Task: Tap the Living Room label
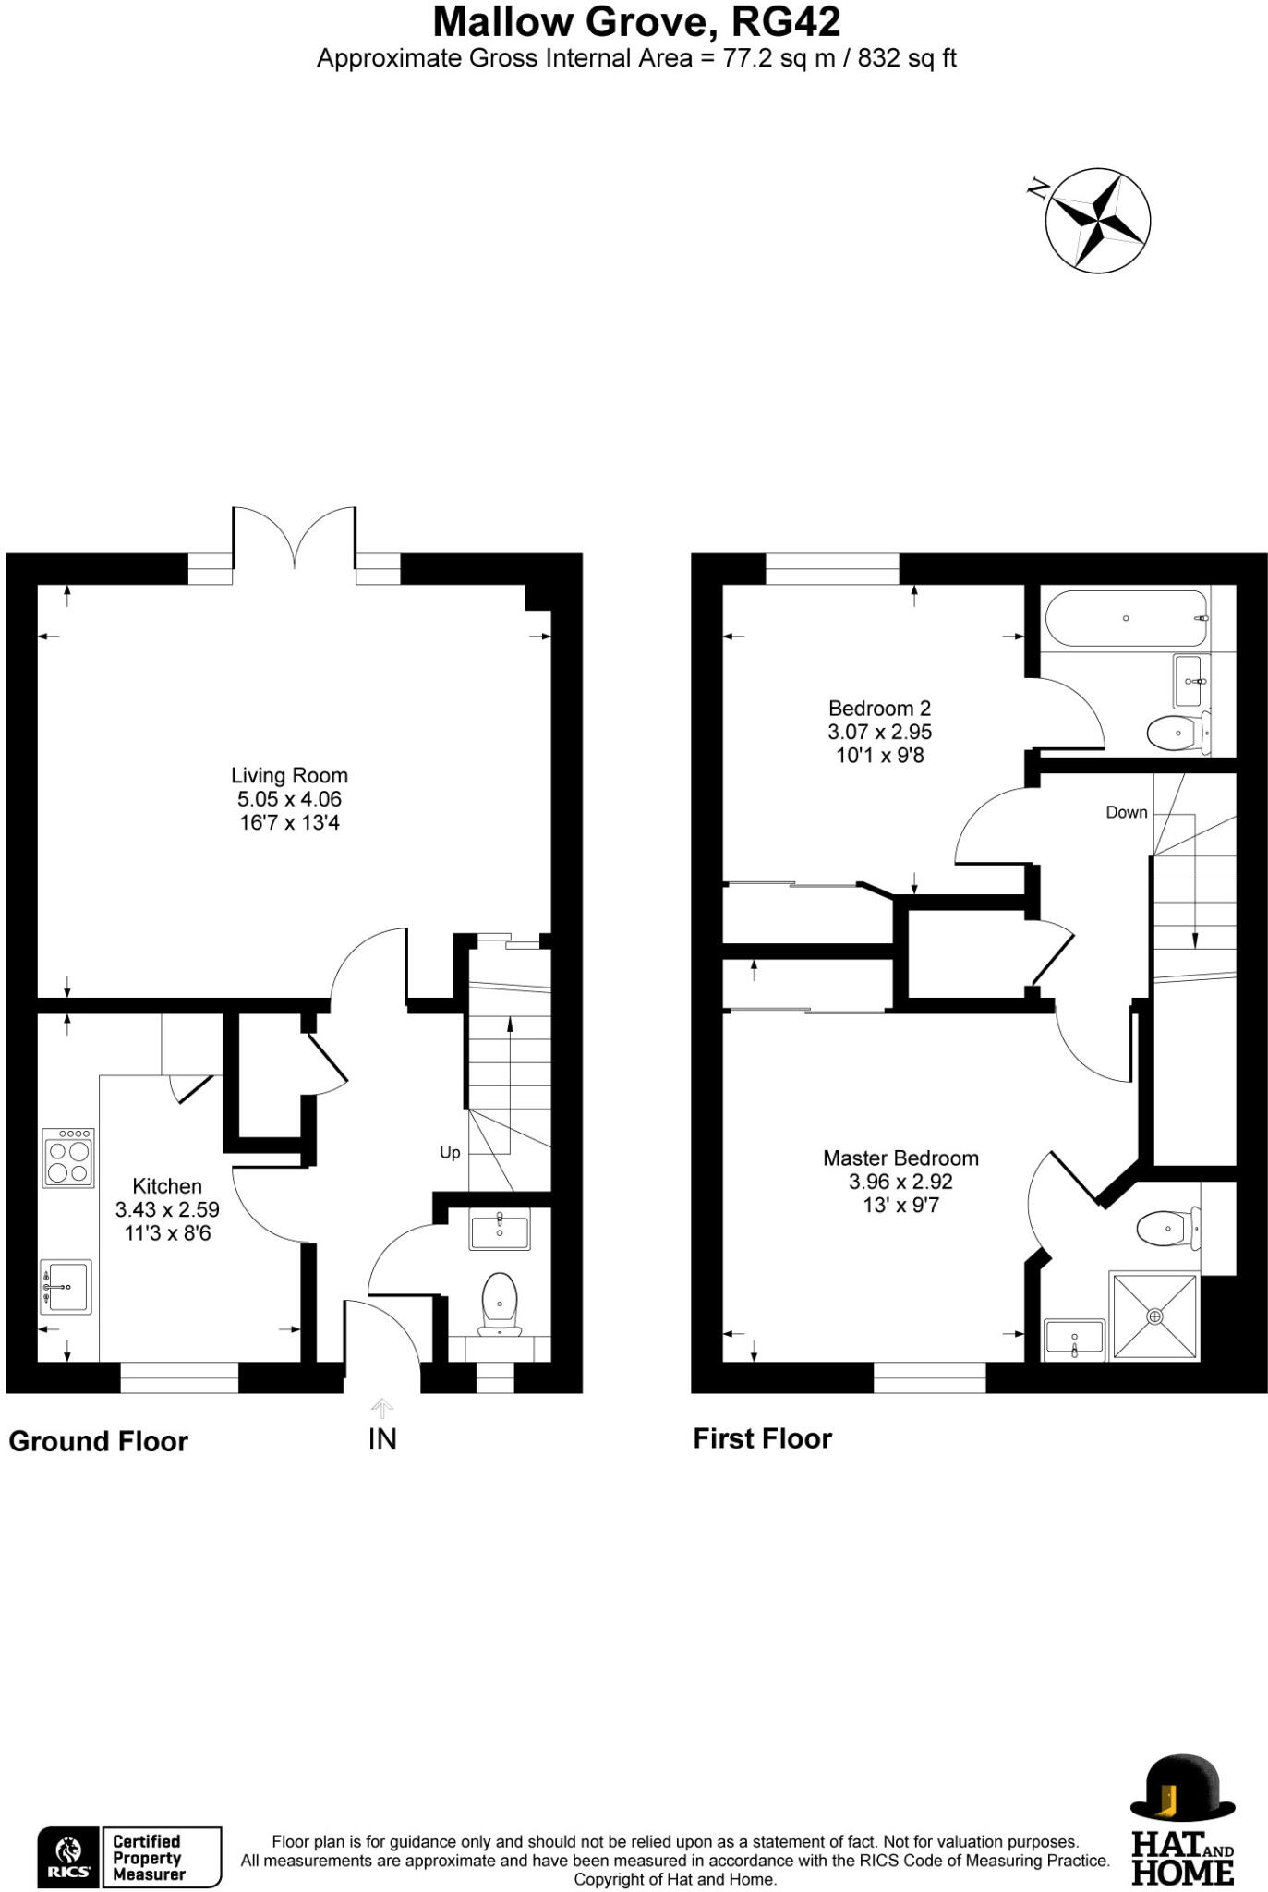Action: [289, 776]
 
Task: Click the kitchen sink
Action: [66, 1286]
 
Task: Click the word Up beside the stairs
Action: [450, 1152]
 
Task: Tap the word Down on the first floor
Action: [1126, 812]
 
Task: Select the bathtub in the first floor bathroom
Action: [1126, 618]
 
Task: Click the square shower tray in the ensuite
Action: [1154, 1316]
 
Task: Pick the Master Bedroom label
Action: [900, 1158]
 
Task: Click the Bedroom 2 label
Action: [879, 709]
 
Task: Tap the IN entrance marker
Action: [382, 1438]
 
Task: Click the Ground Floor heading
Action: [99, 1441]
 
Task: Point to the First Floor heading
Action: [762, 1438]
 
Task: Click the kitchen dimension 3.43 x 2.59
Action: [167, 1209]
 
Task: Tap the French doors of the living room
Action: [294, 539]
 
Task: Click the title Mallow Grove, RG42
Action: [636, 22]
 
